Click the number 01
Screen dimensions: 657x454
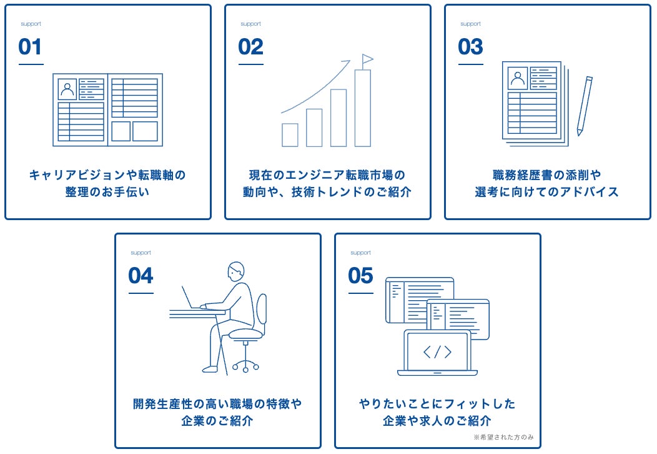point(31,47)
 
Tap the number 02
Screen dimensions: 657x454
point(250,47)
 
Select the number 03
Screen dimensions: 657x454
point(470,47)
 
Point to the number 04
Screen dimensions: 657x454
point(141,276)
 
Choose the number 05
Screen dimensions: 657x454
point(360,276)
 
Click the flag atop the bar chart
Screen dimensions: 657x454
point(367,59)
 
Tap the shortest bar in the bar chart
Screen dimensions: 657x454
point(290,134)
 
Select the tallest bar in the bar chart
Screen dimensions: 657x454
point(363,108)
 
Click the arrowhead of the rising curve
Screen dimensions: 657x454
point(347,63)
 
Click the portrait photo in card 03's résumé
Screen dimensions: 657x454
point(518,79)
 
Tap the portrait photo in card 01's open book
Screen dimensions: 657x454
point(67,89)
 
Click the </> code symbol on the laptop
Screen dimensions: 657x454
point(437,352)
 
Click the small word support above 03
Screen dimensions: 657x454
point(470,24)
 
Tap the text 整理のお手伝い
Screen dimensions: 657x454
point(107,192)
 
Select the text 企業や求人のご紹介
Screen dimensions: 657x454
point(437,421)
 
